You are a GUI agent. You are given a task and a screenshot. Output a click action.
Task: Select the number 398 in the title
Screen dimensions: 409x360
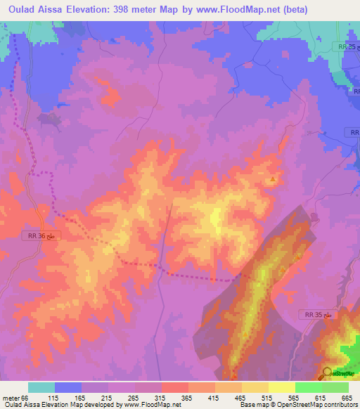click(151, 9)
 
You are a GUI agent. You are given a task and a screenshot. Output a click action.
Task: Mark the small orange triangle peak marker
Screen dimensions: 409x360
click(273, 179)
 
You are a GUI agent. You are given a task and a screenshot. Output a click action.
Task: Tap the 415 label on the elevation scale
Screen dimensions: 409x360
click(215, 398)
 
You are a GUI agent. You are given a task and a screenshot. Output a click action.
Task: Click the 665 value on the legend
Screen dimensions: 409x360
click(346, 398)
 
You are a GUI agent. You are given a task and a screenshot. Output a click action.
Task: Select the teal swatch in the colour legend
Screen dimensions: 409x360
click(41, 387)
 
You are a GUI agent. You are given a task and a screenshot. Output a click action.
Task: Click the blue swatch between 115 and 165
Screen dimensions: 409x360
click(68, 387)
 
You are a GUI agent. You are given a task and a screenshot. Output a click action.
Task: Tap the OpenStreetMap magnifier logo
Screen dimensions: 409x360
click(328, 372)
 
